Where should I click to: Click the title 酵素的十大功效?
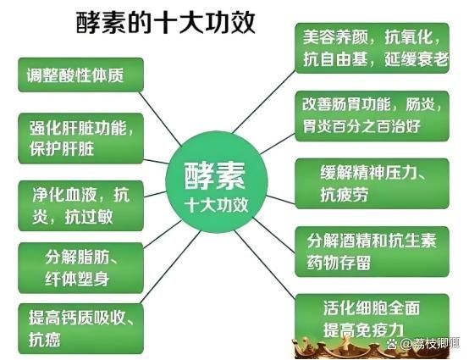pos(165,22)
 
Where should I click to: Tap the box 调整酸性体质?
pos(80,75)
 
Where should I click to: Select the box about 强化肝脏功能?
pos(80,138)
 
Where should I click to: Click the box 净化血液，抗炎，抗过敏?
pos(80,206)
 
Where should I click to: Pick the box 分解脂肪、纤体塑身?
pos(80,268)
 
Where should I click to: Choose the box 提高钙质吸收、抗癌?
pos(80,329)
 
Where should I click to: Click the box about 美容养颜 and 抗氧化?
pos(372,48)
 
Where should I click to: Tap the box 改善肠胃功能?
pos(372,116)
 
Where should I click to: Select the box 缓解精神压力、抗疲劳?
pos(372,184)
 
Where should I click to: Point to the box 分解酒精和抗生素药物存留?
pos(372,252)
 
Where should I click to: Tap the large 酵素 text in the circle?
pos(215,176)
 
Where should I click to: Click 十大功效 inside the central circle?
pos(216,205)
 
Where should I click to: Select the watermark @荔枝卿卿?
pos(423,343)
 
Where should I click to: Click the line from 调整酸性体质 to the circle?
pos(160,119)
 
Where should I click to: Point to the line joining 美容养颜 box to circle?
pos(264,102)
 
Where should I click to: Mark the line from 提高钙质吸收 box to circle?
pos(170,267)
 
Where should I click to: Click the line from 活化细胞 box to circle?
pos(265,264)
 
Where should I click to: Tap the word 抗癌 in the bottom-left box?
pos(45,340)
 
